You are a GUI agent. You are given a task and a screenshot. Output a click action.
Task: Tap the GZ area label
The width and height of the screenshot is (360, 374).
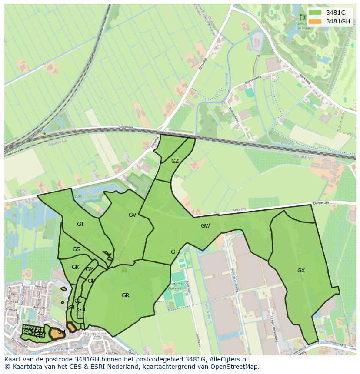[175, 161]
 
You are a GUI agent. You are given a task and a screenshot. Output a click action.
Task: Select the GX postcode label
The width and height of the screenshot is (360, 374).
[301, 271]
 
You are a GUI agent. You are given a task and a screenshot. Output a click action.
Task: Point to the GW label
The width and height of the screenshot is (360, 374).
[205, 226]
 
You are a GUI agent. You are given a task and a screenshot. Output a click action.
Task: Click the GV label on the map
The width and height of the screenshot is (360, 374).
[133, 215]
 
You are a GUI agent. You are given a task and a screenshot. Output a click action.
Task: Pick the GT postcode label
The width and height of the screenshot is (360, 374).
[80, 224]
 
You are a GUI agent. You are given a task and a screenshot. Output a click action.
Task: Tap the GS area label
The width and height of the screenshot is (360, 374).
[76, 249]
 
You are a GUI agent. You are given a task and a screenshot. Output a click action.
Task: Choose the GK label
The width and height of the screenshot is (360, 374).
[75, 267]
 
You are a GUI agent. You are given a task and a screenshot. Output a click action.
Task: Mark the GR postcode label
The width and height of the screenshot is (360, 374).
[125, 295]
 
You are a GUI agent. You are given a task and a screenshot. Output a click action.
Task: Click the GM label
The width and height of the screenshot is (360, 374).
[90, 269]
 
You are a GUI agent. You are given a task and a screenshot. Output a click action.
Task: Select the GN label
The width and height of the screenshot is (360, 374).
[81, 310]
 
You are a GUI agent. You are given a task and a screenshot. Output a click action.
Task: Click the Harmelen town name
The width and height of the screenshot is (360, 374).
[94, 334]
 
